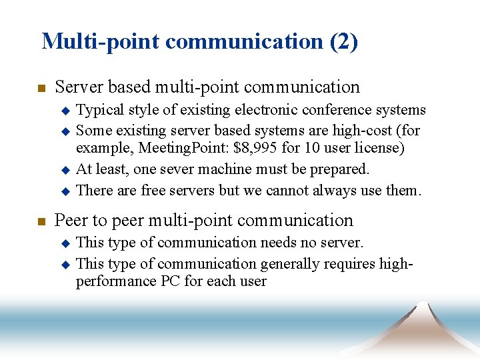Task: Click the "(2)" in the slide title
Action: click(x=343, y=41)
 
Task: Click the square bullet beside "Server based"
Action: click(x=41, y=88)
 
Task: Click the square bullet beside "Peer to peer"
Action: click(x=41, y=221)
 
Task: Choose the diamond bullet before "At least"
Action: click(x=65, y=170)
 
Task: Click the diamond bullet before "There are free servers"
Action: click(x=65, y=191)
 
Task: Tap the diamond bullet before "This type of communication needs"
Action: click(x=65, y=243)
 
